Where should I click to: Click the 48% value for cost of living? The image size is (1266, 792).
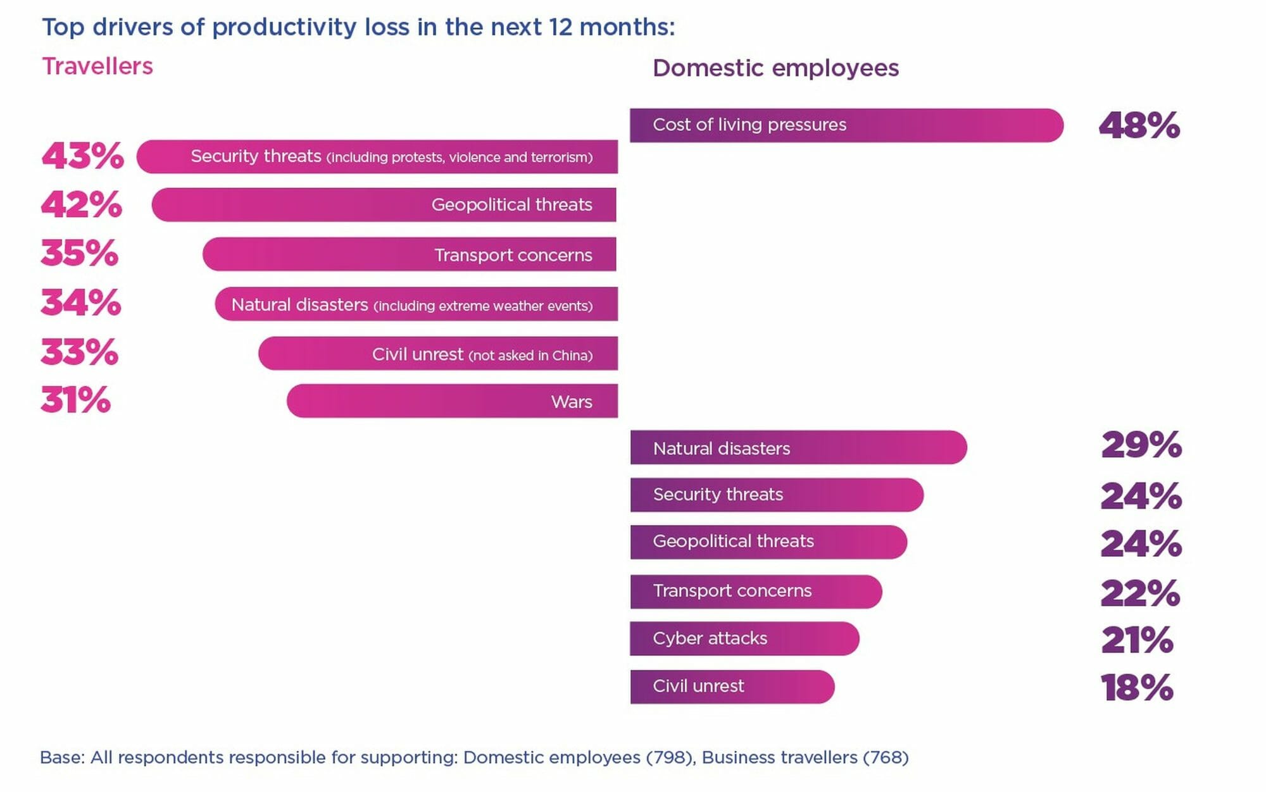pyautogui.click(x=1139, y=125)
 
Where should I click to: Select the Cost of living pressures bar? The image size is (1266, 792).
pyautogui.click(x=846, y=125)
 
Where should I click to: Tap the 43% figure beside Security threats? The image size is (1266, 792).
pyautogui.click(x=82, y=156)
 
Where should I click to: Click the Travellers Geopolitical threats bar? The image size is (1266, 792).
pyautogui.click(x=384, y=204)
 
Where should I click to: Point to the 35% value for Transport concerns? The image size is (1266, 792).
pyautogui.click(x=80, y=253)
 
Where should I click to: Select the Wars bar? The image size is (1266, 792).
pyautogui.click(x=452, y=401)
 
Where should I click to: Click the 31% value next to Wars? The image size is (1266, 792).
pyautogui.click(x=75, y=400)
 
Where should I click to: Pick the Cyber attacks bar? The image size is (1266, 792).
pyautogui.click(x=744, y=638)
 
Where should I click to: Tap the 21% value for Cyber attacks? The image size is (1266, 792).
pyautogui.click(x=1137, y=640)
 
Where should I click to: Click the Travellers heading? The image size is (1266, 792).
pyautogui.click(x=97, y=66)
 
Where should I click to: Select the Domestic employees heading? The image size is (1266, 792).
pyautogui.click(x=775, y=68)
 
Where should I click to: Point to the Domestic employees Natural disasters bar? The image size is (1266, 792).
pyautogui.click(x=798, y=448)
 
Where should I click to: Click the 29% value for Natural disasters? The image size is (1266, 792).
pyautogui.click(x=1141, y=445)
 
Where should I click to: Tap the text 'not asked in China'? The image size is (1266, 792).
pyautogui.click(x=530, y=356)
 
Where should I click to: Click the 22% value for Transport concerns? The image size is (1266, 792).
pyautogui.click(x=1139, y=593)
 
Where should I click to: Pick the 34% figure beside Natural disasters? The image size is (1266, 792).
pyautogui.click(x=81, y=302)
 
